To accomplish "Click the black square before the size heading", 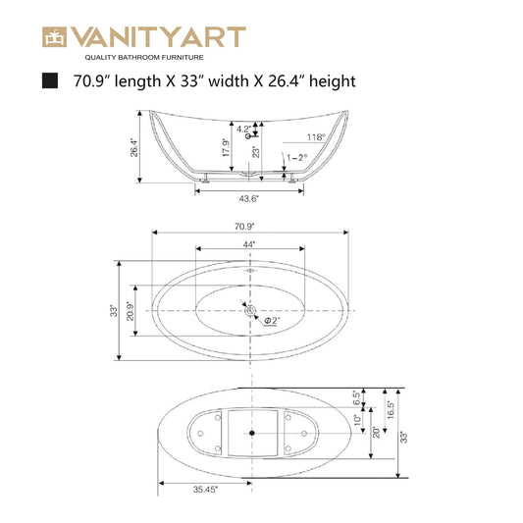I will pyautogui.click(x=50, y=81).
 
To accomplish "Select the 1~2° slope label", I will pyautogui.click(x=297, y=157).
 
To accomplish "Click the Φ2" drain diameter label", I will pyautogui.click(x=271, y=320).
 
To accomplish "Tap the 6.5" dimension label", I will pyautogui.click(x=356, y=400).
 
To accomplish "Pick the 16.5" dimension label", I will pyautogui.click(x=390, y=407).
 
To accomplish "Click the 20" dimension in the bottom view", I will pyautogui.click(x=374, y=432).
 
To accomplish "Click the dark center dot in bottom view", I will pyautogui.click(x=252, y=432).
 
